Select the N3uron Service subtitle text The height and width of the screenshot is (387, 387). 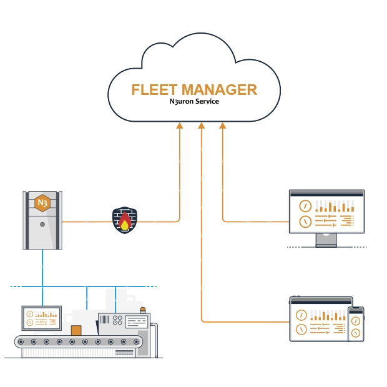193,102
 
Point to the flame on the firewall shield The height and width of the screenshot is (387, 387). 125,223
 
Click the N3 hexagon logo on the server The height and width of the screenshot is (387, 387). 42,203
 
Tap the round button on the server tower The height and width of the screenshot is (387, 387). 42,224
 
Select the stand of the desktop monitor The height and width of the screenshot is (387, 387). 326,239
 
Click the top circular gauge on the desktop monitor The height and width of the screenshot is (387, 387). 305,205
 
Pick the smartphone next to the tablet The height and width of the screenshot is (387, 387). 356,324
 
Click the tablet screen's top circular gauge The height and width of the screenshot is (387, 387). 301,315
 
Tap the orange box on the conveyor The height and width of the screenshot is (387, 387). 76,330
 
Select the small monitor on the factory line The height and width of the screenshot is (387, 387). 41,318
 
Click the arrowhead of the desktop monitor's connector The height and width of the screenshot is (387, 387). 222,125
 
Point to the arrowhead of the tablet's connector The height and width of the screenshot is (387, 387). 201,125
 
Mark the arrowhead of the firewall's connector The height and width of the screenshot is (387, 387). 179,125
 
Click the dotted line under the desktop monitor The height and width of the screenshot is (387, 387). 326,247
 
